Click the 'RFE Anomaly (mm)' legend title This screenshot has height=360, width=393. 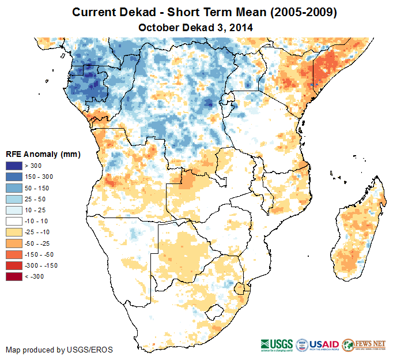43,155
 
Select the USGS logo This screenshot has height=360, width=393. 277,344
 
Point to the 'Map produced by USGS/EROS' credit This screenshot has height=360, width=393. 59,350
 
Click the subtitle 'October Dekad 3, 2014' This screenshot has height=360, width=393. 196,27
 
